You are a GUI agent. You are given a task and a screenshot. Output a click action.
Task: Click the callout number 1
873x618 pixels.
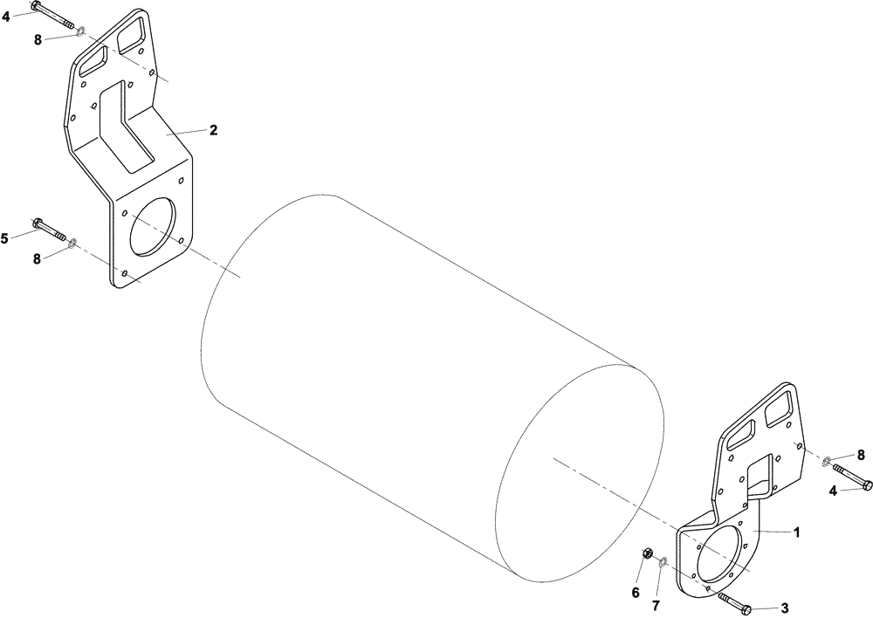point(795,531)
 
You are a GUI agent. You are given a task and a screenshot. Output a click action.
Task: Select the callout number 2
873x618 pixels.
point(213,129)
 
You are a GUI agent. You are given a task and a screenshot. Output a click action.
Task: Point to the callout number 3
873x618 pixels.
point(785,608)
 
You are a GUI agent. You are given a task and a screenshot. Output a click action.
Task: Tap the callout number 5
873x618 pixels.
point(4,237)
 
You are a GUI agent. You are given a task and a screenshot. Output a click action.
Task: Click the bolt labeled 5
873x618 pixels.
point(49,229)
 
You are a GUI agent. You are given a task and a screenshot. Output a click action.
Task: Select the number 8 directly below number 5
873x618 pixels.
point(38,259)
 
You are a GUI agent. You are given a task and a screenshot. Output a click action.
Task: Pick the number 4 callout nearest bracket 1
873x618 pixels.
point(834,491)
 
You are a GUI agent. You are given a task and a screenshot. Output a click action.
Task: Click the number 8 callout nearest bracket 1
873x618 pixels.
point(860,455)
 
